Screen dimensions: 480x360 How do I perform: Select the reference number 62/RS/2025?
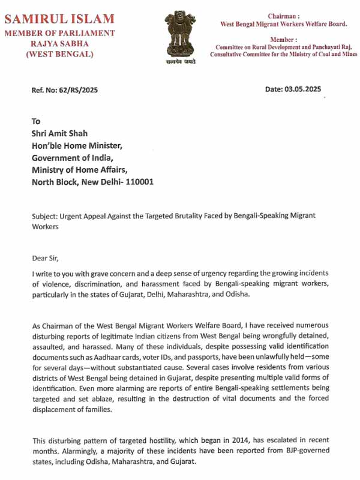(77, 90)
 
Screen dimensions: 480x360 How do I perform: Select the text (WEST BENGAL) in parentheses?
(59, 55)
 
